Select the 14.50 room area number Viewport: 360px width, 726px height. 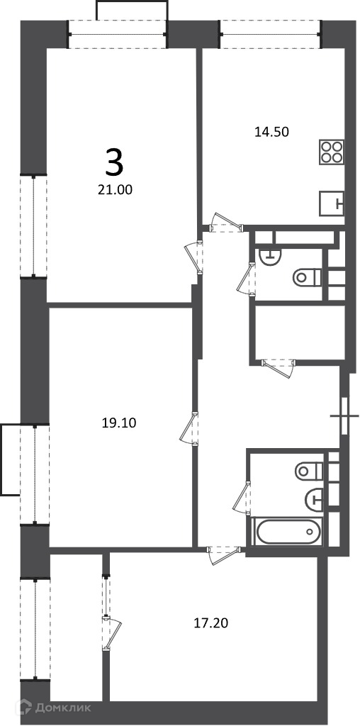pyautogui.click(x=271, y=132)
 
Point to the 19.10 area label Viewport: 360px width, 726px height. pyautogui.click(x=119, y=423)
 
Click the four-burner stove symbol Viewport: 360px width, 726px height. pyautogui.click(x=332, y=152)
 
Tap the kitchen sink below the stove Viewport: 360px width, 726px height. pyautogui.click(x=332, y=203)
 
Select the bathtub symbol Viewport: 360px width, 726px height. pyautogui.click(x=288, y=532)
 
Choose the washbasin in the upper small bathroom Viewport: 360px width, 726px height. pyautogui.click(x=269, y=256)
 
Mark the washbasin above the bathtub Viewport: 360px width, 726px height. pyautogui.click(x=314, y=499)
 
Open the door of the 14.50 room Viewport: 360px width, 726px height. pyautogui.click(x=226, y=223)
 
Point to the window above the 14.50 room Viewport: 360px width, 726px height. pyautogui.click(x=271, y=34)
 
